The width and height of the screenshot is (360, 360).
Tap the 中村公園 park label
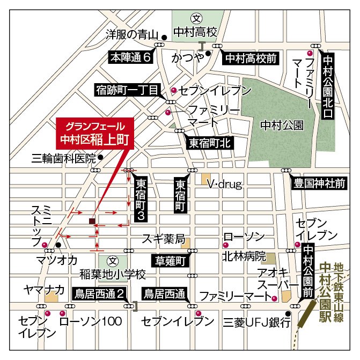point(281,125)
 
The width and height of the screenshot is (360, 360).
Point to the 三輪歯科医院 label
point(63,158)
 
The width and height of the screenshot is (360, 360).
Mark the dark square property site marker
point(92,221)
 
